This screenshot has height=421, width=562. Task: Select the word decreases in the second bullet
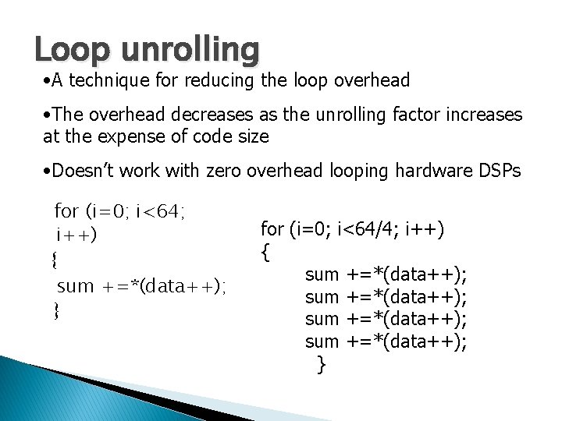point(206,115)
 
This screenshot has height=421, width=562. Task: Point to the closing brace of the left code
point(56,311)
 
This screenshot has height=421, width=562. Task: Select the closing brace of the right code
point(320,363)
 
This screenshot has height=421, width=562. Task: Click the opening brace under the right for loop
point(265,252)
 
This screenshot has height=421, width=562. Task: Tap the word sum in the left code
point(75,285)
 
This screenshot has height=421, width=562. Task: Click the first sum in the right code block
point(322,274)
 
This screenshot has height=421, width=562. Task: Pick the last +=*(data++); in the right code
point(407,341)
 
